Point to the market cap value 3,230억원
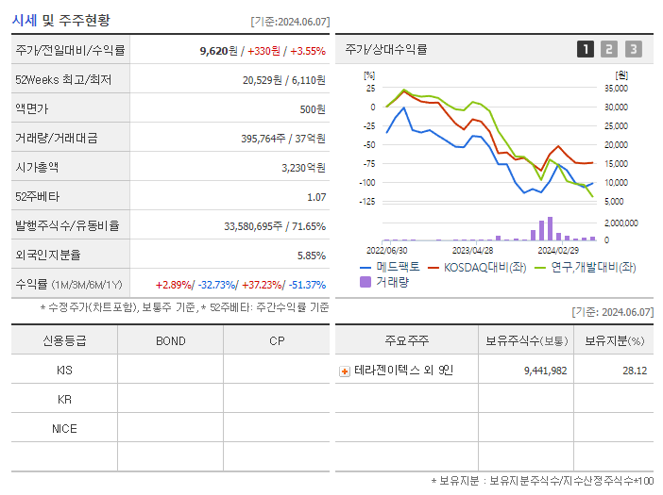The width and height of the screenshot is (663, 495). click(303, 167)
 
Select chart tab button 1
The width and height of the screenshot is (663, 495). click(586, 49)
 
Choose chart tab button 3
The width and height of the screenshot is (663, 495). click(633, 49)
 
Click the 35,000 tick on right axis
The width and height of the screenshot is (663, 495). click(615, 88)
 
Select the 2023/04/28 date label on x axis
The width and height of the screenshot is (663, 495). click(473, 250)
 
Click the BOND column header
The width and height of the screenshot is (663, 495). click(170, 341)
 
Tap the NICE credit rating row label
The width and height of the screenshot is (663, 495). click(64, 428)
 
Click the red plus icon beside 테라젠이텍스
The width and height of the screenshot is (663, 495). click(345, 371)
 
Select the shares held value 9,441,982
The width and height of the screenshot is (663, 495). click(545, 371)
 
